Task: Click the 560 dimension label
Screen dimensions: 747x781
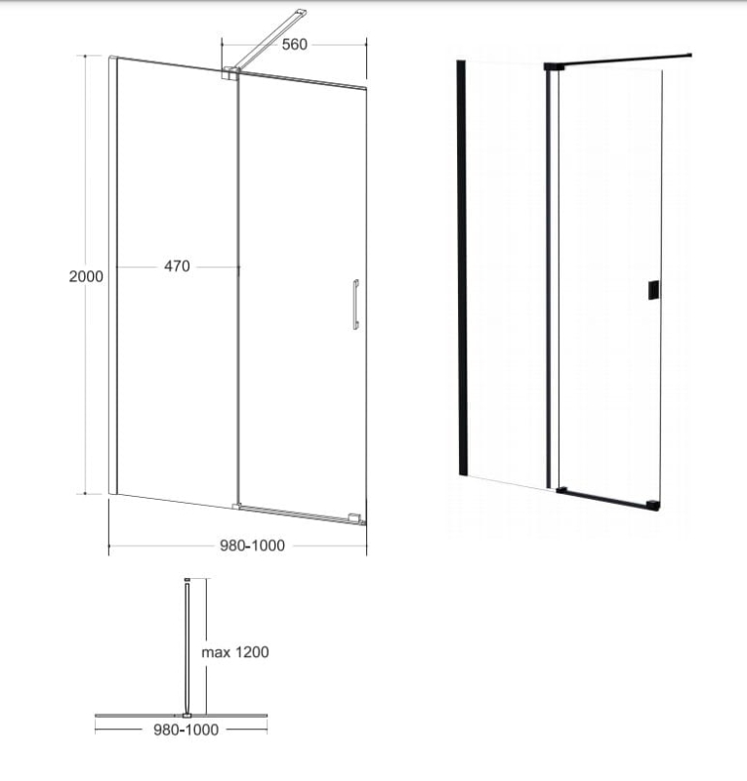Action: click(294, 44)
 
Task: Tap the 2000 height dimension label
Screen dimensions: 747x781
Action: click(86, 276)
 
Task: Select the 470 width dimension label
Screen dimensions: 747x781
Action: click(177, 266)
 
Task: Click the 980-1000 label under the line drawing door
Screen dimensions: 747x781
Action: click(252, 546)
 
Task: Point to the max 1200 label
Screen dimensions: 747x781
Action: click(234, 652)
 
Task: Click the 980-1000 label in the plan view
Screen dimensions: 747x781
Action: click(186, 729)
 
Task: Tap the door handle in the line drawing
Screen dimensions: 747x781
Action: click(355, 305)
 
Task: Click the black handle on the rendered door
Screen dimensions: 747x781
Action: click(654, 290)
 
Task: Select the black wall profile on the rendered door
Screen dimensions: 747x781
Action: click(462, 267)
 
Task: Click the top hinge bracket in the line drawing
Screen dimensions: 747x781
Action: click(230, 73)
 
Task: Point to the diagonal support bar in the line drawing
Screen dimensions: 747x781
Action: click(270, 39)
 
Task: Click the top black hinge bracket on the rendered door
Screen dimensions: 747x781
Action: click(554, 66)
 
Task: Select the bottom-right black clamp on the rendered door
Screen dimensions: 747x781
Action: click(654, 506)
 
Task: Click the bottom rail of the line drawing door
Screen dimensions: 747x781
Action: click(298, 514)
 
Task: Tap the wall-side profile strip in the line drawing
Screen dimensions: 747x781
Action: click(113, 275)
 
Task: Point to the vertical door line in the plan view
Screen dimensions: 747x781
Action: click(187, 648)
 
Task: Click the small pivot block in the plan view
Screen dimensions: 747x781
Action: click(187, 716)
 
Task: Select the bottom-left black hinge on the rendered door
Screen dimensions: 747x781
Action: click(561, 490)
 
